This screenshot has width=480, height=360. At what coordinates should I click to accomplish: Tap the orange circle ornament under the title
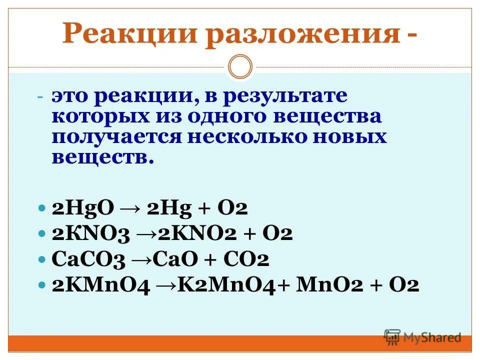[240, 67]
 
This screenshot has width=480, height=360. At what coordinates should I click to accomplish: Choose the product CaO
[173, 260]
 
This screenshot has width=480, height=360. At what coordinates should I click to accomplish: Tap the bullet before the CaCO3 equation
[43, 260]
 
